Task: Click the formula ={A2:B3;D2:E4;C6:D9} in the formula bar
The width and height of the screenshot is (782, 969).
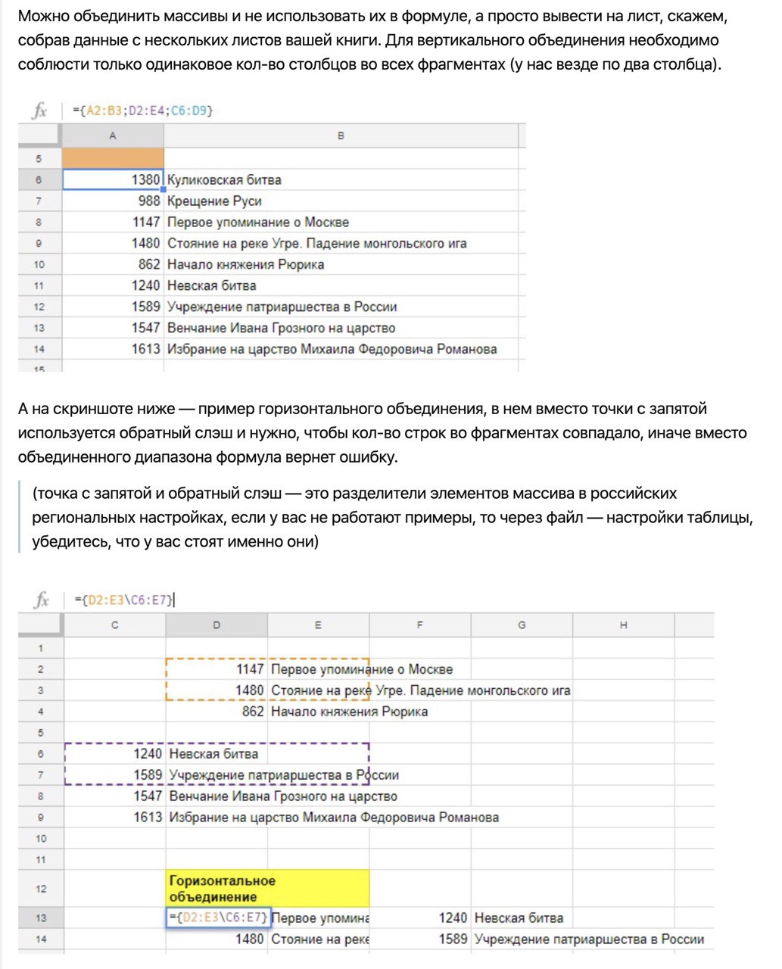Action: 143,111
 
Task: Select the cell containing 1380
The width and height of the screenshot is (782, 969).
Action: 113,179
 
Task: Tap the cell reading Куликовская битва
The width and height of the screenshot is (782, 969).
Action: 224,180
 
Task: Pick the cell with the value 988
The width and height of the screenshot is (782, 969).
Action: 113,201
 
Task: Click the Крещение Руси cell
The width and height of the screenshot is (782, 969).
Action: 214,201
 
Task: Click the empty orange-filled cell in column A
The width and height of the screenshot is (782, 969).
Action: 113,157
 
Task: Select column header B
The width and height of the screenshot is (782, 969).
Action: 341,136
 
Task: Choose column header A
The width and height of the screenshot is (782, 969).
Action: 113,136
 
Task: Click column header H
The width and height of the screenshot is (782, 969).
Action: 623,625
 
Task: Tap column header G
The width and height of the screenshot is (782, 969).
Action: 522,625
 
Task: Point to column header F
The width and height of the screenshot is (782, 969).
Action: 419,625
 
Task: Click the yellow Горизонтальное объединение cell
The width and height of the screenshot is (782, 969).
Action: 267,889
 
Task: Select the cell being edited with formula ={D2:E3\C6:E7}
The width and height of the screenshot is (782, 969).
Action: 217,918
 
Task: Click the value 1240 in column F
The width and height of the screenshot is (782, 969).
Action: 452,918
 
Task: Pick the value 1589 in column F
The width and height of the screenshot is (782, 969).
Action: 452,939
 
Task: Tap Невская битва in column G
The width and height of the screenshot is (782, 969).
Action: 519,918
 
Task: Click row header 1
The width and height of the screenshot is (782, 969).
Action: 41,648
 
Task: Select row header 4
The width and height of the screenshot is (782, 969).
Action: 41,712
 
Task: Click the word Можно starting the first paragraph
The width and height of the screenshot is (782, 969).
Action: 42,16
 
